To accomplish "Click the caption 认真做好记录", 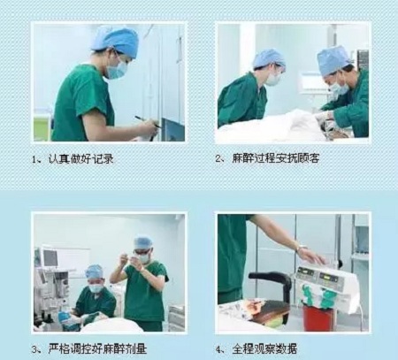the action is [x=80, y=159].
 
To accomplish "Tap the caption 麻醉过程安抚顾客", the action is [x=275, y=158].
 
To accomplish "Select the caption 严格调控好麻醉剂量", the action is [x=97, y=349].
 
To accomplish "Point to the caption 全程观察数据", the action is [x=264, y=349].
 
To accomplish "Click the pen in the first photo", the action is [x=148, y=122].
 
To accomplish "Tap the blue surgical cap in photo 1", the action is [x=116, y=42].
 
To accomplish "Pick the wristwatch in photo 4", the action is [x=302, y=248].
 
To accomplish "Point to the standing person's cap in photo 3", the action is [x=143, y=242].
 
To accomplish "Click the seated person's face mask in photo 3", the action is [x=96, y=287].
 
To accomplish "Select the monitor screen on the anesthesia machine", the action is [x=50, y=257].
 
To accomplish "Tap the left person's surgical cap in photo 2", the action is [x=269, y=58].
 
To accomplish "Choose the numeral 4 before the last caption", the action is [x=218, y=349].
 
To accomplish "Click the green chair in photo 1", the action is [x=42, y=126].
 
